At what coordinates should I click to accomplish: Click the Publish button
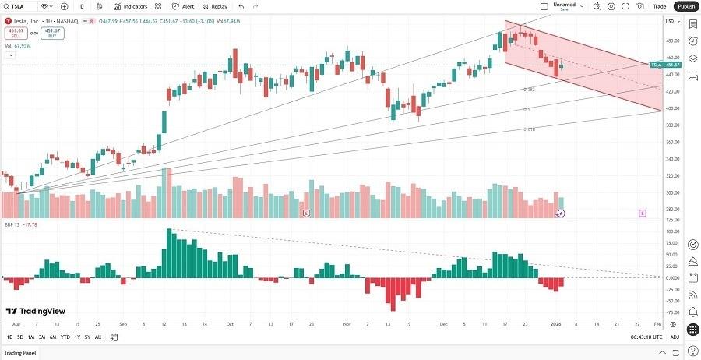pyautogui.click(x=686, y=6)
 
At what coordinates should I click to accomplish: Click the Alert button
pyautogui.click(x=184, y=6)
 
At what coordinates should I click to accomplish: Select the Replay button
pyautogui.click(x=215, y=6)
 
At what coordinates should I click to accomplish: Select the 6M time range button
pyautogui.click(x=52, y=337)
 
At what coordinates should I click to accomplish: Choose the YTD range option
pyautogui.click(x=65, y=337)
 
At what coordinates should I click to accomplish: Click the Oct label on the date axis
pyautogui.click(x=229, y=323)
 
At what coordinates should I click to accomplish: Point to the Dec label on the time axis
pyautogui.click(x=442, y=323)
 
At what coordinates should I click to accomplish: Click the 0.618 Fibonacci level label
pyautogui.click(x=528, y=129)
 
